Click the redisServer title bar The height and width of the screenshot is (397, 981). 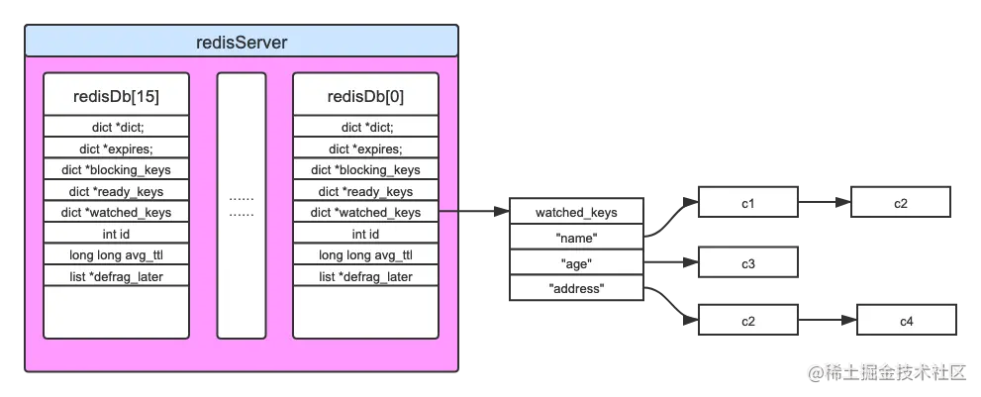(x=242, y=42)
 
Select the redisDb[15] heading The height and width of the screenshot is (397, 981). (x=116, y=97)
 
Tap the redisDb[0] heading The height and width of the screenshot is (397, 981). (x=365, y=97)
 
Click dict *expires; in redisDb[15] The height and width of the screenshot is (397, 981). (x=116, y=149)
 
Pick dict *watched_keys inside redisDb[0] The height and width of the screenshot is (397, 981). (x=365, y=212)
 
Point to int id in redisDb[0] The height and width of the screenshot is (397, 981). (x=365, y=234)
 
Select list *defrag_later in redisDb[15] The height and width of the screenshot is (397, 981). (x=116, y=276)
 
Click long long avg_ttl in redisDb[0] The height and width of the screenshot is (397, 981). (x=365, y=255)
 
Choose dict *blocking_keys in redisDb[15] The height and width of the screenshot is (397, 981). (x=116, y=170)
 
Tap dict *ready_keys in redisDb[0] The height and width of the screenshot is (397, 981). (x=365, y=191)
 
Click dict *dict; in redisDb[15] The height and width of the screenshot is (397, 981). (x=116, y=127)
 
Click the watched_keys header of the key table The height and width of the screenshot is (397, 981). (x=576, y=212)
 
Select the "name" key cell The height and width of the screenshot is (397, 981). (x=576, y=238)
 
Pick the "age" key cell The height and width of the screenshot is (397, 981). (x=576, y=263)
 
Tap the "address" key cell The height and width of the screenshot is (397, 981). (x=576, y=288)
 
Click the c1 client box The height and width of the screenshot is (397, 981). (x=747, y=203)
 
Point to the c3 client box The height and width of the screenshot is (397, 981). (x=747, y=263)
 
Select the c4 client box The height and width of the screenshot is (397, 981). (x=906, y=321)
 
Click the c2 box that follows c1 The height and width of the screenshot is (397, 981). (x=900, y=203)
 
